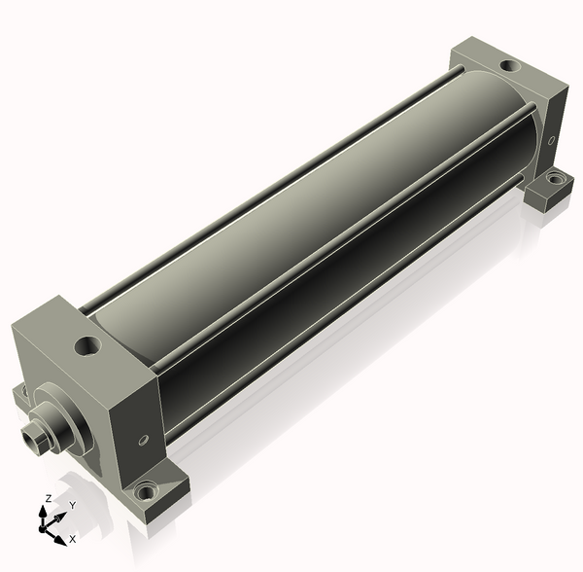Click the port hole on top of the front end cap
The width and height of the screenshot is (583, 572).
coord(87,345)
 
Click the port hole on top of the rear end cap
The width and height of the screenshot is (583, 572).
coord(510,66)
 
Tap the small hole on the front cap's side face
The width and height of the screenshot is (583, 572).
coord(143,440)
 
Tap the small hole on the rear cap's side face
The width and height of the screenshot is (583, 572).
coord(552,140)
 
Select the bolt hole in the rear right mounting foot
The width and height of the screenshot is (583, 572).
coord(555,179)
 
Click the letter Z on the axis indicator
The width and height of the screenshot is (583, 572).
coord(48,499)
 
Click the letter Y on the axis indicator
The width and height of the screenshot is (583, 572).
coord(73,506)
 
